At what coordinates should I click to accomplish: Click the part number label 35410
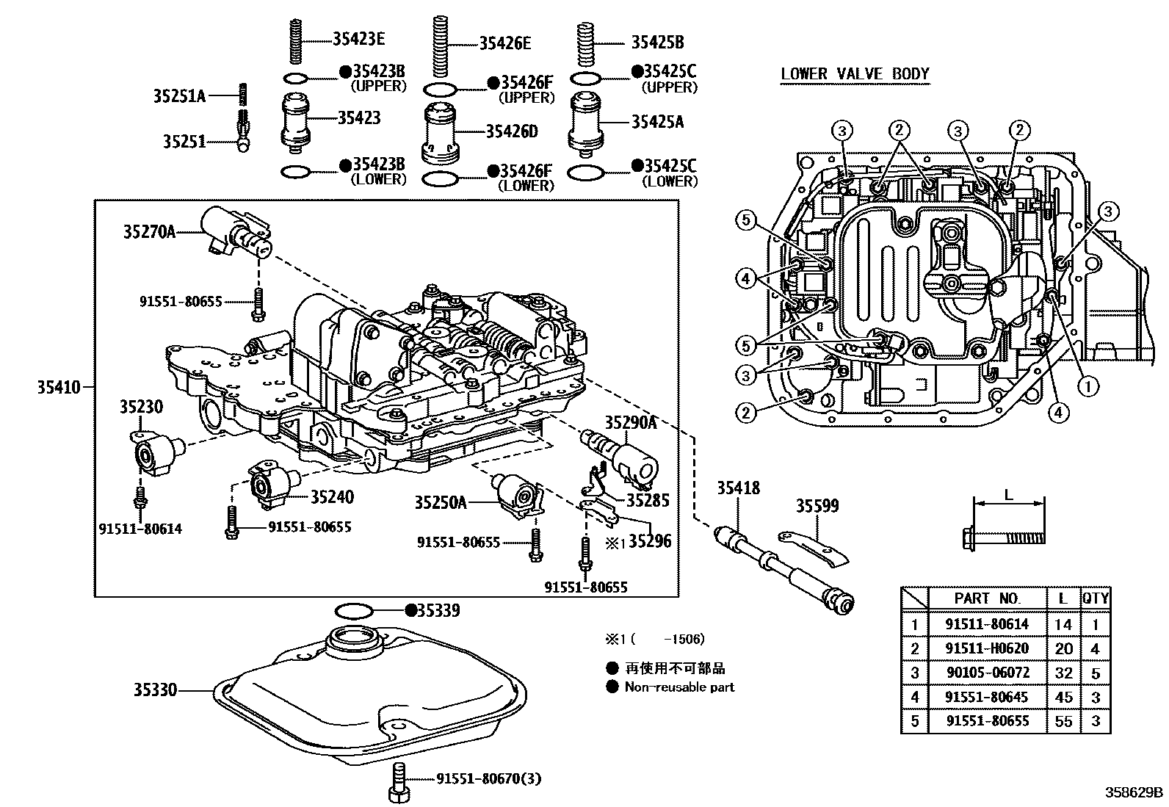click(x=59, y=386)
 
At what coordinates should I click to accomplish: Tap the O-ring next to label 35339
click(x=354, y=610)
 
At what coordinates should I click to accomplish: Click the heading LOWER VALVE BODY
click(x=855, y=74)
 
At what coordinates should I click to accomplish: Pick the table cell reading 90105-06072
click(x=986, y=673)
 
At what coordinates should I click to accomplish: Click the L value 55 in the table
click(x=1063, y=721)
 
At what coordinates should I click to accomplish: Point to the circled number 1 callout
click(x=1087, y=384)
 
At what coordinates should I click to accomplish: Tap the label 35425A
click(x=657, y=123)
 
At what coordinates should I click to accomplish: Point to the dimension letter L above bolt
click(x=1008, y=495)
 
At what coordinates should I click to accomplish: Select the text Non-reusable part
click(x=678, y=687)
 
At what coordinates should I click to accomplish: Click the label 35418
click(x=738, y=488)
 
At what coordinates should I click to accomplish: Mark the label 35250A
click(x=440, y=502)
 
